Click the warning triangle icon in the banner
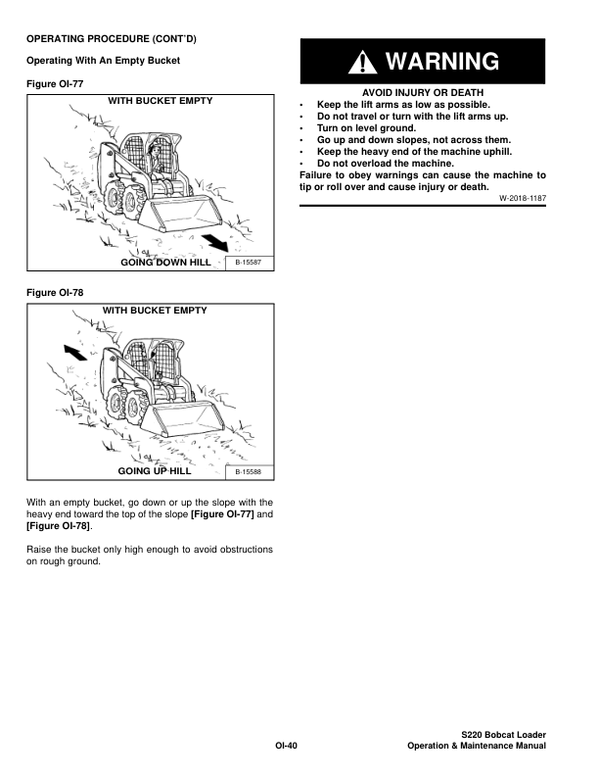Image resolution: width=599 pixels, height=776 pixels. [x=365, y=63]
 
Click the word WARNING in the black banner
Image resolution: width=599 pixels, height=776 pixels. [x=443, y=63]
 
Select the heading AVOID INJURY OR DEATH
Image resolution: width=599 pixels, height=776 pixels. [x=421, y=93]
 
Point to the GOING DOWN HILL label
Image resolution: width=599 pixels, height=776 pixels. [x=165, y=263]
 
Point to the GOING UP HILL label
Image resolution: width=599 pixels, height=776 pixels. [x=155, y=471]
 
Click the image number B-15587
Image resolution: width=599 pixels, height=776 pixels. [x=250, y=263]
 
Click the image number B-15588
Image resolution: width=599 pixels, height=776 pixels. [x=250, y=471]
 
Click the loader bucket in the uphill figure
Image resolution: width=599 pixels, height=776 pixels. [x=181, y=420]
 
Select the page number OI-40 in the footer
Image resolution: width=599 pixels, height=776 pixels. [x=285, y=747]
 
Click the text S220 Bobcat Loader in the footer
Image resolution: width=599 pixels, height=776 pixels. [x=503, y=735]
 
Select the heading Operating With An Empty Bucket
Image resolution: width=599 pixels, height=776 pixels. [x=103, y=61]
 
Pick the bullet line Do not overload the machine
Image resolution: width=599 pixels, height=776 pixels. [x=385, y=163]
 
